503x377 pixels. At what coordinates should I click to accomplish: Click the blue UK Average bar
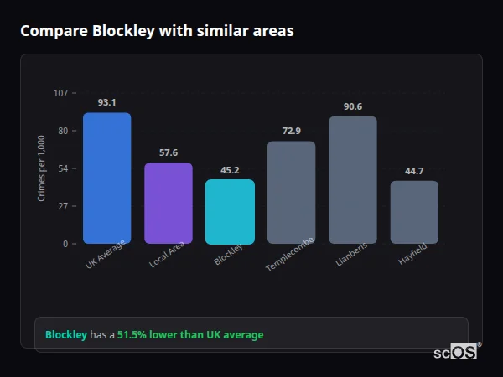click(106, 178)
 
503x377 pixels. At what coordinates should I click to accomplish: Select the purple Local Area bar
click(168, 204)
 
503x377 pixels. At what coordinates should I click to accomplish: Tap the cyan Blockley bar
click(230, 212)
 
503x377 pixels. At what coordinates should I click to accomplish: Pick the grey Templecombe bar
click(291, 193)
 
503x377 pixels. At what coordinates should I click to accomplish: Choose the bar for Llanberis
click(352, 180)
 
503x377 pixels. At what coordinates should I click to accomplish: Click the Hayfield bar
click(414, 212)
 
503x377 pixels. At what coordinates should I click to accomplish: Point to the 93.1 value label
click(106, 102)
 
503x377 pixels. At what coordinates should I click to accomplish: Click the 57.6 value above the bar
click(168, 152)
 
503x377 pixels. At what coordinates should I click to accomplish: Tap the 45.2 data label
click(230, 169)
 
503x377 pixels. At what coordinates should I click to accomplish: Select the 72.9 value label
click(291, 131)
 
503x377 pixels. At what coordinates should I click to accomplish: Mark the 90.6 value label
click(352, 106)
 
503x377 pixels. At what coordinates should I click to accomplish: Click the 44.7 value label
click(414, 171)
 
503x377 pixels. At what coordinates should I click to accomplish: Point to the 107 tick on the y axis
click(60, 93)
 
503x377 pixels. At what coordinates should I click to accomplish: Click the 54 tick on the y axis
click(63, 168)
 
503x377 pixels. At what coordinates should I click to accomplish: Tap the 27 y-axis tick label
click(63, 206)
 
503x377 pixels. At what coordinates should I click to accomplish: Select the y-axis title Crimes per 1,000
click(42, 168)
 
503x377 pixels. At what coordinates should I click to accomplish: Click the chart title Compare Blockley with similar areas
click(157, 31)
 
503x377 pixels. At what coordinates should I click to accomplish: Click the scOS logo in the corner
click(456, 352)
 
